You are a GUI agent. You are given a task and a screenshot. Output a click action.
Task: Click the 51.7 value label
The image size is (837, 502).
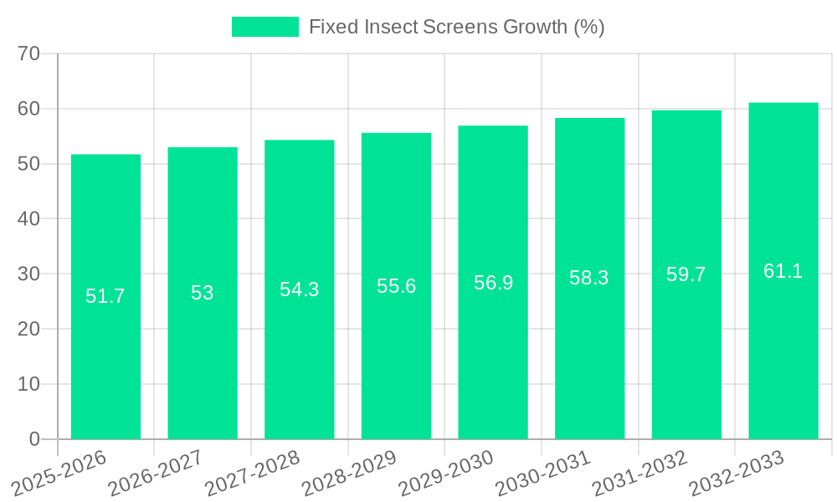105,296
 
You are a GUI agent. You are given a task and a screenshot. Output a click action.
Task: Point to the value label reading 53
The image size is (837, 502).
203,293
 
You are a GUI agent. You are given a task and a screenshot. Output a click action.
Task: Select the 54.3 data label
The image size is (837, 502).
300,289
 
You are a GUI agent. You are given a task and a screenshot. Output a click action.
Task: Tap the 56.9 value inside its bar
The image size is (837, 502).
493,283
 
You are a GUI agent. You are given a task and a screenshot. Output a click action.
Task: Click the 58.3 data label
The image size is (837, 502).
589,279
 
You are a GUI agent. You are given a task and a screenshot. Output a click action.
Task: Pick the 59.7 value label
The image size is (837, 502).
686,274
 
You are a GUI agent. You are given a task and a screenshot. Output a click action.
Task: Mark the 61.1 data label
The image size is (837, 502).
783,271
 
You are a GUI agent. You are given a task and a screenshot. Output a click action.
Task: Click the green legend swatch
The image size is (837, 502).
264,27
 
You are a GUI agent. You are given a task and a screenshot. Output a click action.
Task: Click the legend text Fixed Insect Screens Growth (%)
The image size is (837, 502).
457,27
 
